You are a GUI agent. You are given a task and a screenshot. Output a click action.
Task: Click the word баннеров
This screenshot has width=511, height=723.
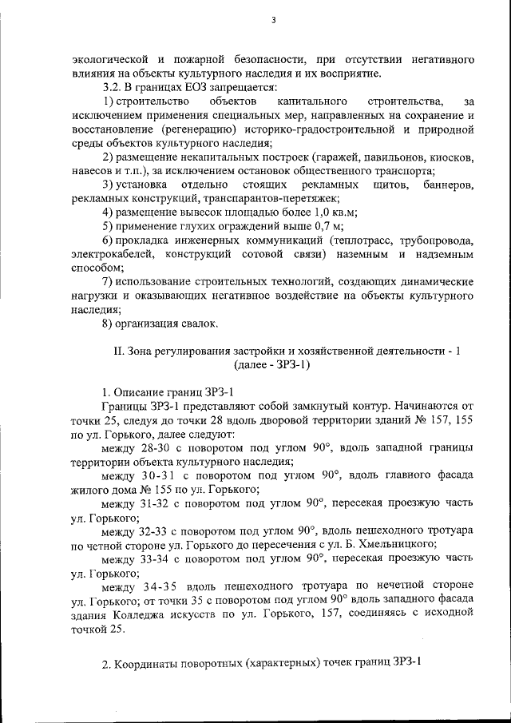449,185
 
